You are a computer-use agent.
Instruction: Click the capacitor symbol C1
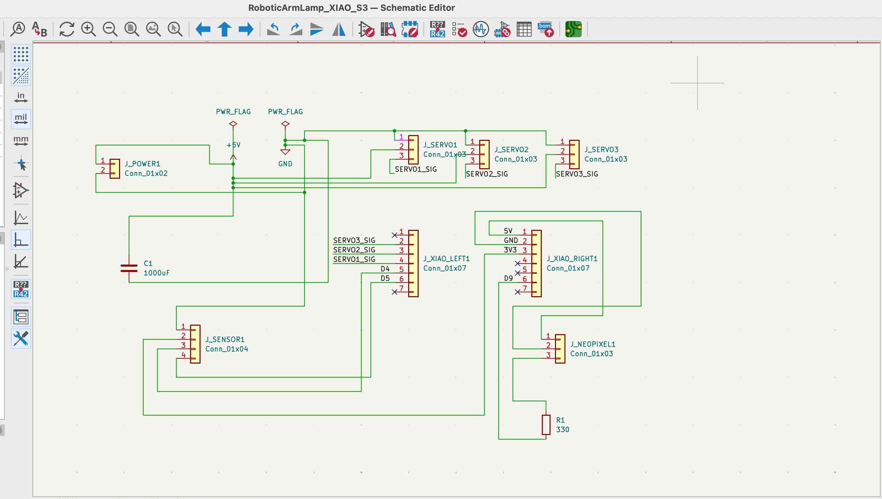coord(129,268)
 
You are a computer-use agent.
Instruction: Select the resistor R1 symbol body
coord(546,425)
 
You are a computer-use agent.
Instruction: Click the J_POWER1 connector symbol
coord(114,169)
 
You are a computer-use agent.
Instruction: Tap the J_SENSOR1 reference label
coord(225,339)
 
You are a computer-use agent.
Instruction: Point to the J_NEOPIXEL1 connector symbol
coord(560,349)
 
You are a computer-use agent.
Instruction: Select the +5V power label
coord(233,145)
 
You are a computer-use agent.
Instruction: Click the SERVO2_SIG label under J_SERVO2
coord(487,174)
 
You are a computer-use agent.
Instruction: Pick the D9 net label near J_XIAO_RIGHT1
coord(508,278)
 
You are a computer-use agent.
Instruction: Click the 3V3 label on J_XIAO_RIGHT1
coord(510,250)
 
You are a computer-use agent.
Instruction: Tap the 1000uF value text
coord(157,273)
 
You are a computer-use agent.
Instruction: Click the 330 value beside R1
coord(562,429)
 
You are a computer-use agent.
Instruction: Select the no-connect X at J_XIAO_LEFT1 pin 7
coord(394,292)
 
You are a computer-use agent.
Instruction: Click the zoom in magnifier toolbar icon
coord(88,29)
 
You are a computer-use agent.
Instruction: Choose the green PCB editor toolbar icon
coord(573,29)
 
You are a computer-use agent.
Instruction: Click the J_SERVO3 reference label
coord(601,149)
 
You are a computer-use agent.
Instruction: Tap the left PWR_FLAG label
coord(233,112)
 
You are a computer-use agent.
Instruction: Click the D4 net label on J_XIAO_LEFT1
coord(385,269)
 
